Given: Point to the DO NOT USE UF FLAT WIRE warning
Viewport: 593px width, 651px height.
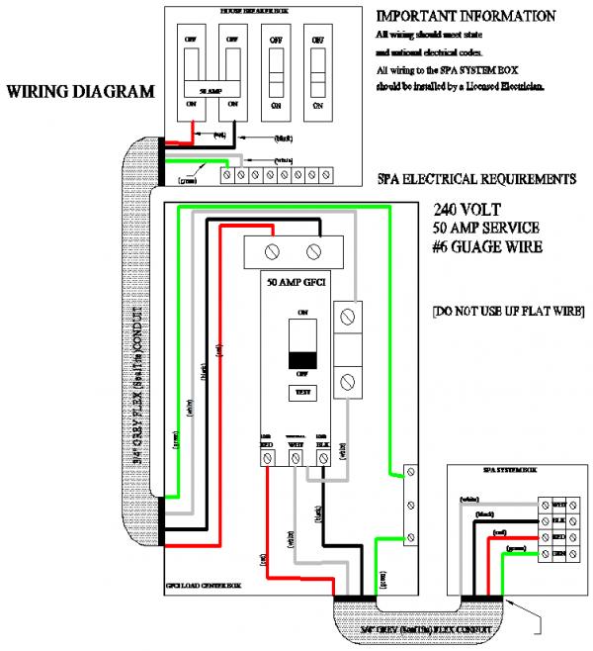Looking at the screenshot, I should point(508,312).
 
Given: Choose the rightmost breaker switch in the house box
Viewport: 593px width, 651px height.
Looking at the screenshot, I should point(317,70).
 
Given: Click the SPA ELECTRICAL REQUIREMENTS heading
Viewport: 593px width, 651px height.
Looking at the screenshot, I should point(476,179).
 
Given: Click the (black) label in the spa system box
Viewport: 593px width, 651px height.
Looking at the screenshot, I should point(485,515).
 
